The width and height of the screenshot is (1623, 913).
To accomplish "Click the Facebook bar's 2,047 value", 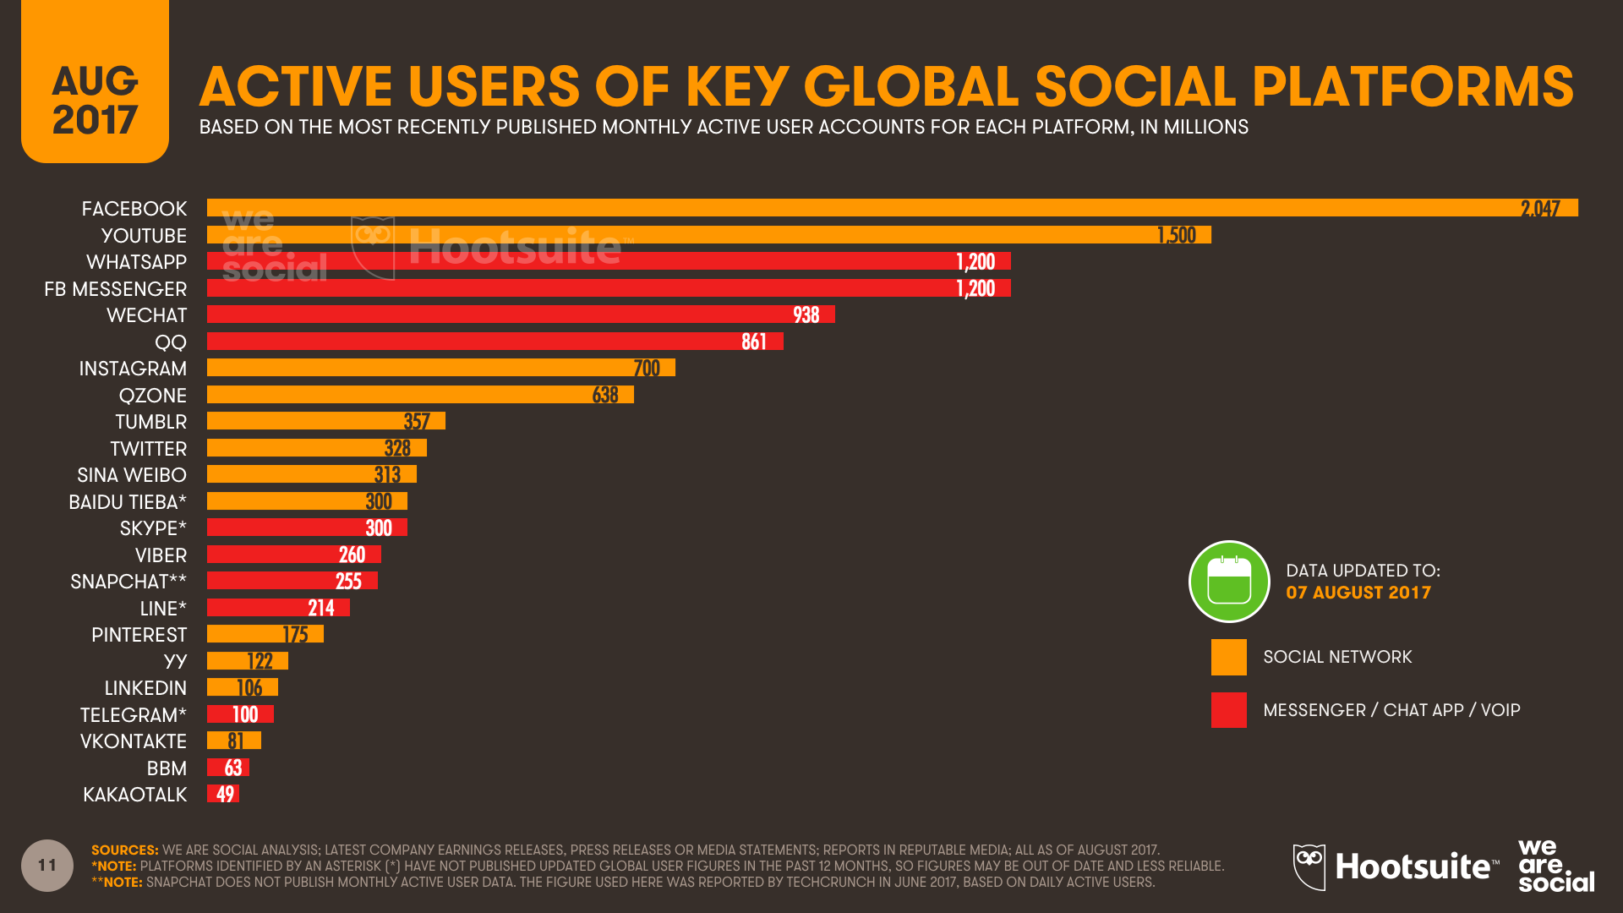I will (x=1539, y=209).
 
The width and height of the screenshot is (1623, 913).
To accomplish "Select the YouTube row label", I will (x=144, y=236).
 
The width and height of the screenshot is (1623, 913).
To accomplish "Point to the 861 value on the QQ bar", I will (x=753, y=342).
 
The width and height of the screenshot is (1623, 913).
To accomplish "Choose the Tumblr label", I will (x=150, y=422).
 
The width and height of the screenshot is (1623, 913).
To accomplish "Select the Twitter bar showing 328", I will (x=316, y=448).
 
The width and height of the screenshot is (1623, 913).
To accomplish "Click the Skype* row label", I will (x=152, y=528).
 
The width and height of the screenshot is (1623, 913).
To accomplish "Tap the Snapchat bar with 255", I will (x=292, y=581).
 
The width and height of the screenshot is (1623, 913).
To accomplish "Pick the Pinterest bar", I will (x=265, y=634).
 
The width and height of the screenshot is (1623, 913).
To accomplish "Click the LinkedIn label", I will (x=145, y=688).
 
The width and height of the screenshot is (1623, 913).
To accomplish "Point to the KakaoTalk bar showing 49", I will (x=223, y=794).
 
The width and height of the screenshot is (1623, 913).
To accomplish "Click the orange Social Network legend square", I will (x=1228, y=657).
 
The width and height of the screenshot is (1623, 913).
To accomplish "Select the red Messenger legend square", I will (x=1228, y=710).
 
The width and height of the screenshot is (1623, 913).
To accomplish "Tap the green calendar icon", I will (x=1229, y=582).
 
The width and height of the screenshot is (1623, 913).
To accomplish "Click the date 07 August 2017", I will (x=1358, y=593).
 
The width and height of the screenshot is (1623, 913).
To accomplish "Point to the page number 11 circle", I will (x=47, y=865).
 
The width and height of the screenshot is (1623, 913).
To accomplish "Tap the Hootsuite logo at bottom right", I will (x=1396, y=867).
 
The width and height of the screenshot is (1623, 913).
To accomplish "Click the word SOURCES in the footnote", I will (x=124, y=850).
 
